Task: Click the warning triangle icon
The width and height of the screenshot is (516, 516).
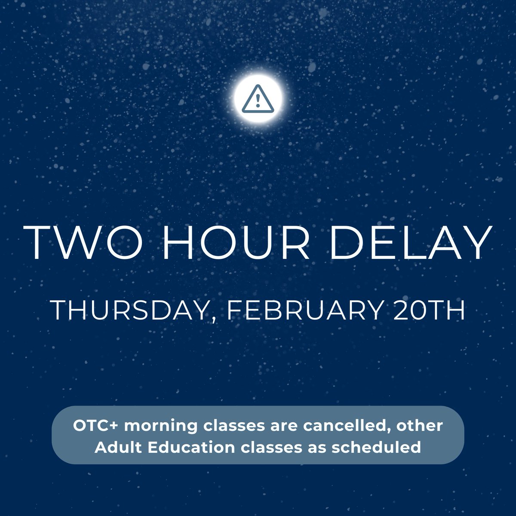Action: point(258,99)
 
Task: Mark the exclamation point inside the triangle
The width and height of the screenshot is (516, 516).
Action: point(258,101)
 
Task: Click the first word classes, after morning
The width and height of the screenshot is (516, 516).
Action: point(233,426)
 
